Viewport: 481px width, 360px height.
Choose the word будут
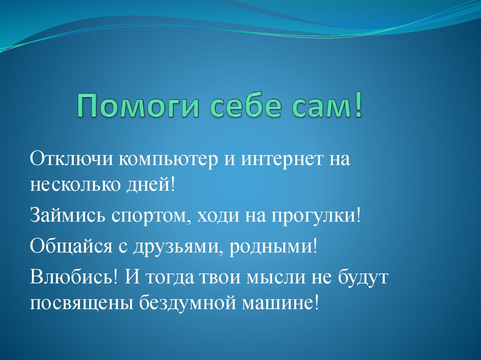[365, 276]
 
